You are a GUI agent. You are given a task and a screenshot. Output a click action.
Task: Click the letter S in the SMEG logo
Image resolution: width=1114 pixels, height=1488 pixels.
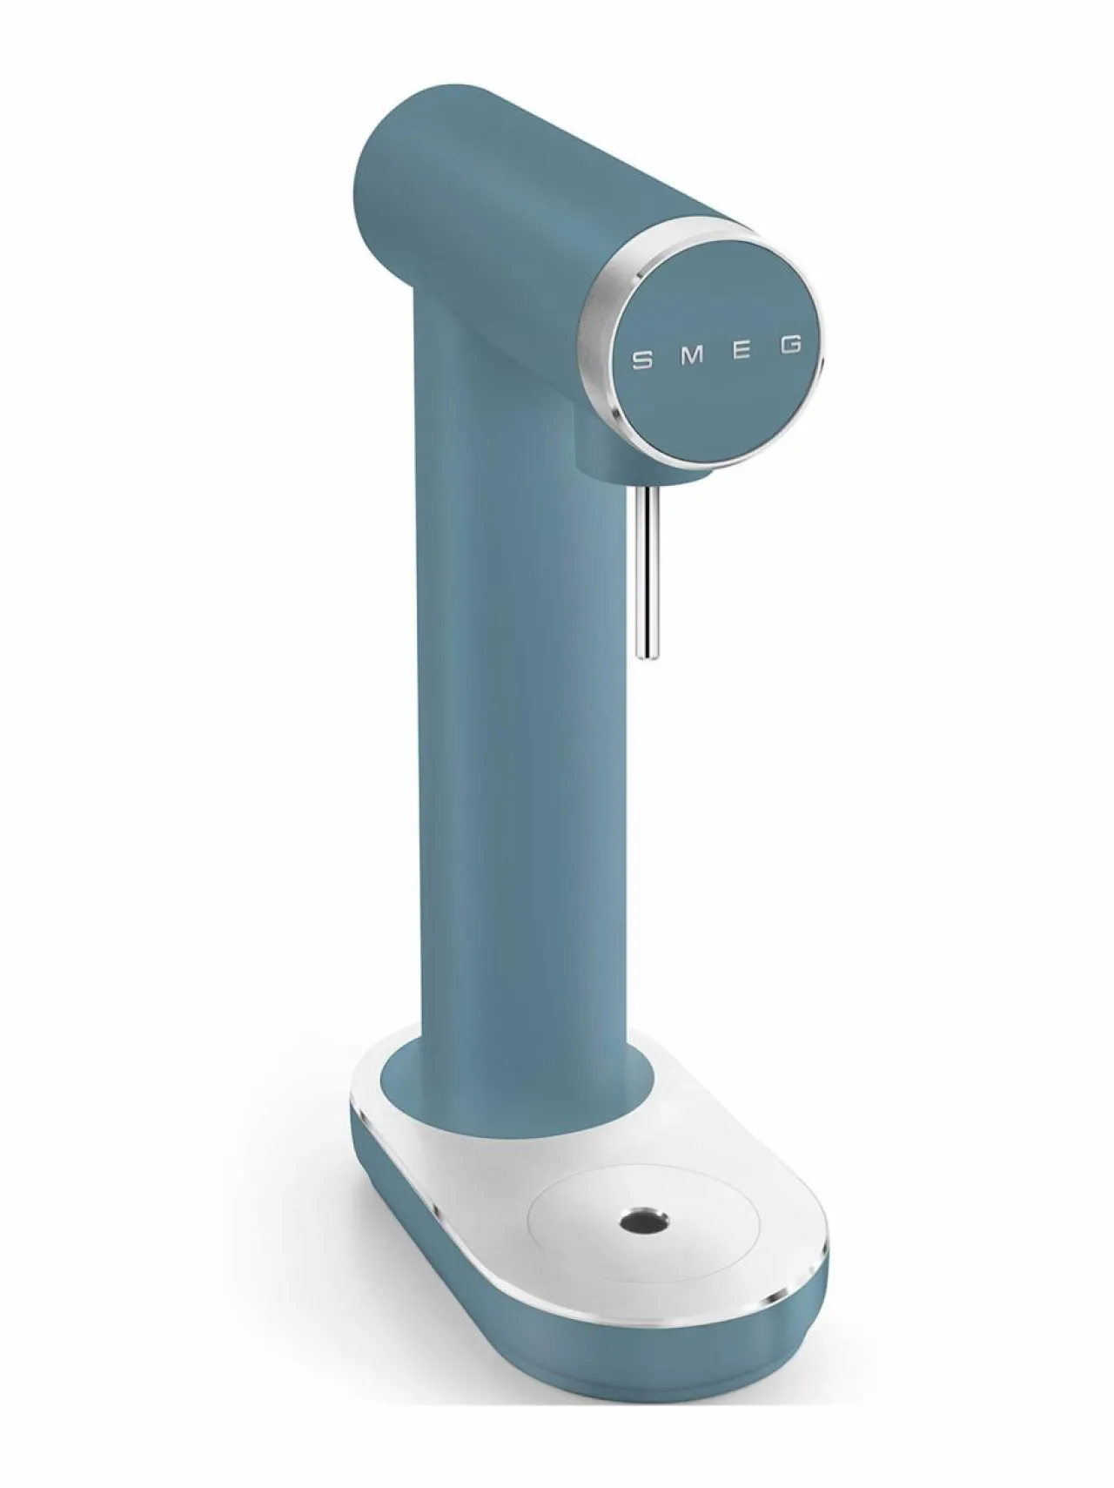tap(642, 358)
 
